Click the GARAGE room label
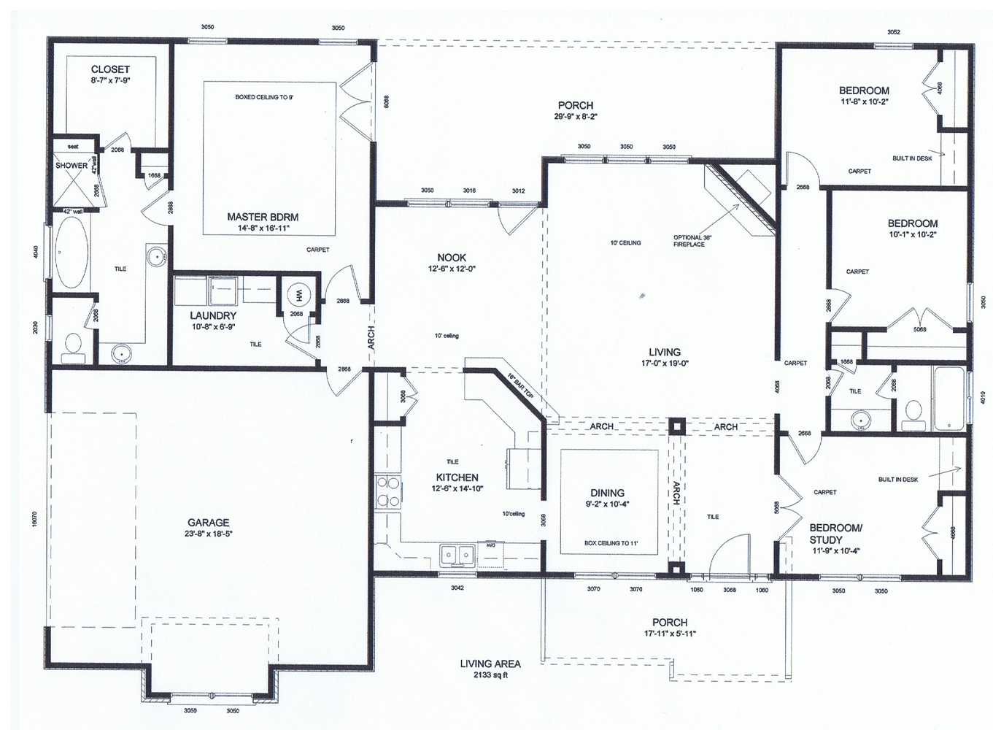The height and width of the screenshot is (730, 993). tap(208, 523)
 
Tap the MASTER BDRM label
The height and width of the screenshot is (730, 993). tap(262, 217)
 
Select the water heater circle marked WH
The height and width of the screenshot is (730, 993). tap(298, 295)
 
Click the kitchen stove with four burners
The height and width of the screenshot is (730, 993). tap(387, 491)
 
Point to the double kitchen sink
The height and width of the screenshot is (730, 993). tap(457, 556)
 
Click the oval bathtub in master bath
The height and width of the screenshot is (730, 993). tap(71, 252)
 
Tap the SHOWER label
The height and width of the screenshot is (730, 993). tap(71, 166)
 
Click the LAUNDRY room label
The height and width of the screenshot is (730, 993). tap(213, 315)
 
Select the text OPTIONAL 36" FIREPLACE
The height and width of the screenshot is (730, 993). tap(689, 241)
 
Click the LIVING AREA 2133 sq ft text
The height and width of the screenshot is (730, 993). tap(490, 669)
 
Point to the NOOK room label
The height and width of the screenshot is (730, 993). tap(452, 258)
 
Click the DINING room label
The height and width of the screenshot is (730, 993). tap(607, 493)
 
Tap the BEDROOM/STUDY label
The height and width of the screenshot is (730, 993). tap(835, 534)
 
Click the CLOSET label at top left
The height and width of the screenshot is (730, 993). tap(110, 69)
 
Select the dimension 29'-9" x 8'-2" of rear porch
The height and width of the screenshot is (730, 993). tap(576, 117)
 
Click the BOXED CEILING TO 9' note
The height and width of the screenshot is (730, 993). tap(264, 97)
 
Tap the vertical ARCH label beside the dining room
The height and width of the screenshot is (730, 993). tap(676, 493)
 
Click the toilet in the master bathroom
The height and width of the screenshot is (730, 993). tap(73, 346)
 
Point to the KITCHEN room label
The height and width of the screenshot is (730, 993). tap(457, 477)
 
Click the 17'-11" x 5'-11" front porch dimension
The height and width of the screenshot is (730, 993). tap(669, 634)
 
